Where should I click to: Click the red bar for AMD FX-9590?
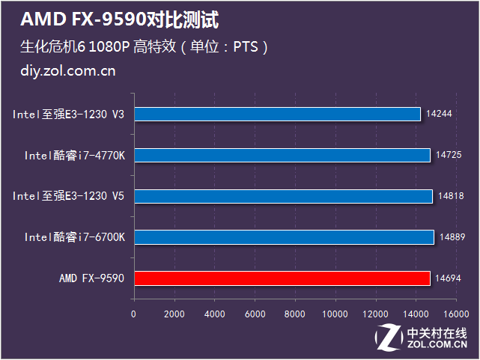(x=282, y=278)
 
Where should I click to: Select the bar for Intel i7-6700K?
(x=283, y=237)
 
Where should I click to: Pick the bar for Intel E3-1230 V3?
(x=277, y=114)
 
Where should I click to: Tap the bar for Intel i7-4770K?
(x=282, y=155)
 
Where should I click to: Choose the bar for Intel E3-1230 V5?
(x=283, y=196)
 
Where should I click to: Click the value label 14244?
(x=437, y=114)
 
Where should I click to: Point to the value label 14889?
(x=453, y=237)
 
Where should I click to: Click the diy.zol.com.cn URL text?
(x=68, y=72)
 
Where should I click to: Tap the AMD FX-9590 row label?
(x=92, y=278)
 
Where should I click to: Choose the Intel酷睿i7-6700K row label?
(x=75, y=237)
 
